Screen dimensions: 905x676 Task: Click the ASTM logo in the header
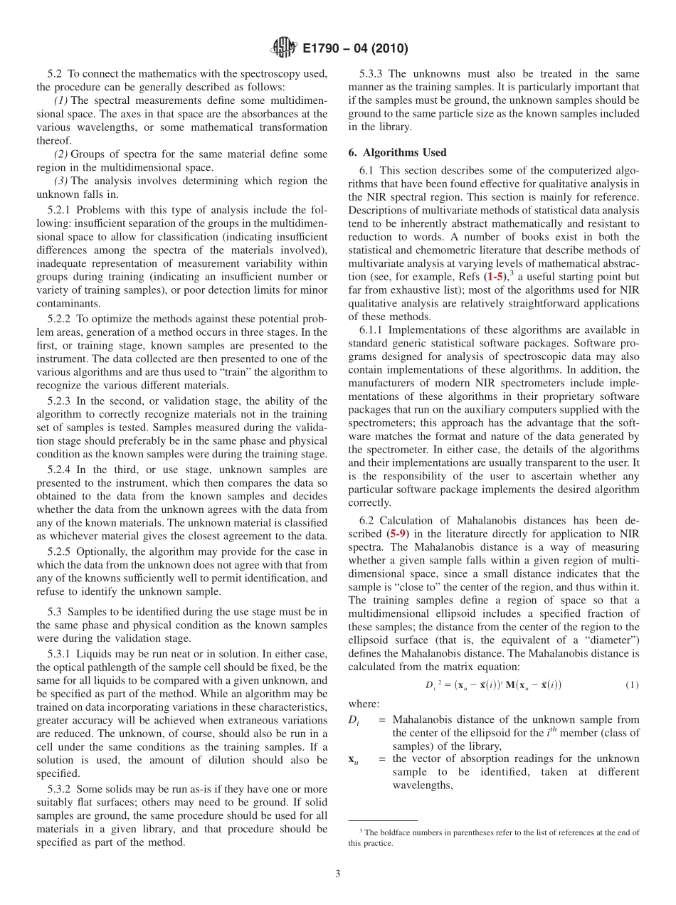point(284,48)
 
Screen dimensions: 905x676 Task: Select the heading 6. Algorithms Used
point(397,152)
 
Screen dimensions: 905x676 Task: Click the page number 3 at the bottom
point(338,874)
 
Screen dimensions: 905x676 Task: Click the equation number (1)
point(632,685)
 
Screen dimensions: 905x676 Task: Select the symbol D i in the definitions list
point(354,720)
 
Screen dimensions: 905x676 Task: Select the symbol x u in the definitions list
point(353,760)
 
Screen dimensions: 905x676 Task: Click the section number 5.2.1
point(61,210)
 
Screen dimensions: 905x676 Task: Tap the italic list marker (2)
point(62,154)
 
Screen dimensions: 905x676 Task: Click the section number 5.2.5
point(61,551)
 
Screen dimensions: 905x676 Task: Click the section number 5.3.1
point(61,654)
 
